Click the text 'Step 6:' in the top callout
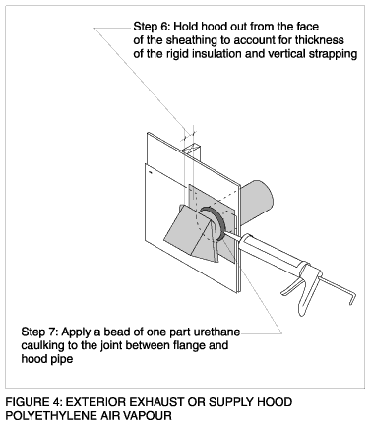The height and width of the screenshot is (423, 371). (x=152, y=27)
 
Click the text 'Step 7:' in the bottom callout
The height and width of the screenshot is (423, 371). (x=39, y=332)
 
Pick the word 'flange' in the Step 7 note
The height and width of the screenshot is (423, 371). (x=189, y=345)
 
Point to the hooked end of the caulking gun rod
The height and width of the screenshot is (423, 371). (x=352, y=299)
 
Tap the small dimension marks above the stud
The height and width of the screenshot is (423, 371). (x=189, y=134)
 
